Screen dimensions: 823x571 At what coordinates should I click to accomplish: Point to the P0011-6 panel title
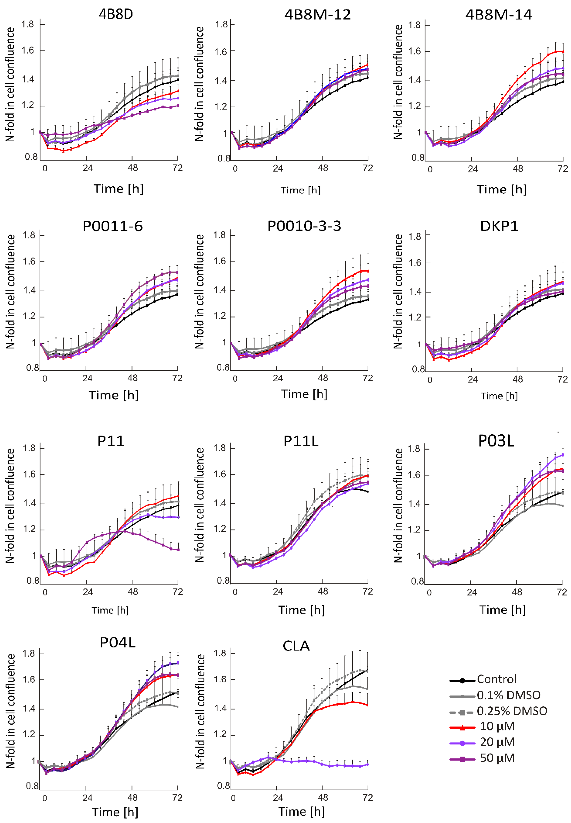click(x=113, y=226)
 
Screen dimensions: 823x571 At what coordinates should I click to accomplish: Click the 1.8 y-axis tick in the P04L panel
click(x=29, y=653)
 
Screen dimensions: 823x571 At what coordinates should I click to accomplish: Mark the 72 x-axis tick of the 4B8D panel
click(x=177, y=168)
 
